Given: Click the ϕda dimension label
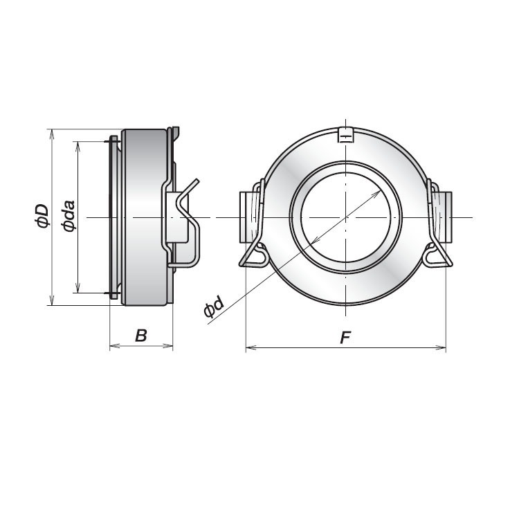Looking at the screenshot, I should (68, 216).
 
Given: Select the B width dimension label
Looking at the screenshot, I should (141, 336).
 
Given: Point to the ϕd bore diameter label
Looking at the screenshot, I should (214, 307).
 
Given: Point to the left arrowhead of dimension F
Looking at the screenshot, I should (250, 347).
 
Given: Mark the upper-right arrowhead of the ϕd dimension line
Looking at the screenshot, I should (380, 192).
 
